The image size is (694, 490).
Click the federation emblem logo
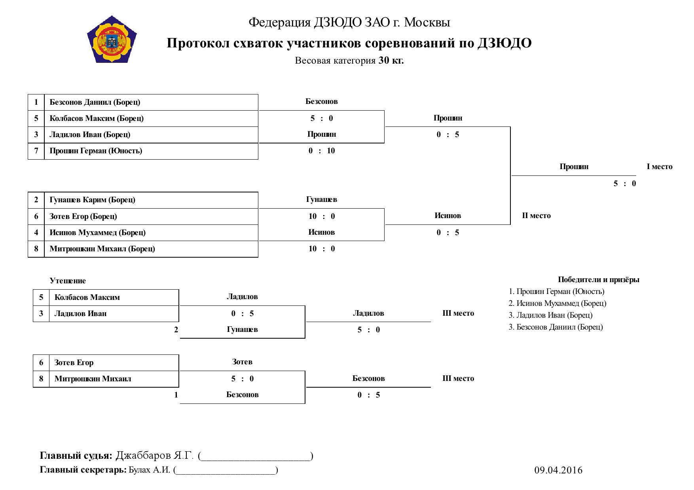tap(112, 39)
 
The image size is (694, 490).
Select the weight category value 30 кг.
tap(391, 60)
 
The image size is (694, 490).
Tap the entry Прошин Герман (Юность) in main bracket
tap(96, 151)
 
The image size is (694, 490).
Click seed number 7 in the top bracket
tap(36, 151)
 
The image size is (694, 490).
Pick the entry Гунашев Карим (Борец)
tap(92, 200)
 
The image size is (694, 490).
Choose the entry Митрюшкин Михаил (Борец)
tap(102, 249)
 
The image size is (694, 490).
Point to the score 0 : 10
tap(322, 151)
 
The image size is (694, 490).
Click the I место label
tap(660, 167)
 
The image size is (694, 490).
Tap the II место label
tap(536, 216)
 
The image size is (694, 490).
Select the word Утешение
tap(68, 281)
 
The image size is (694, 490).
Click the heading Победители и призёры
tap(599, 280)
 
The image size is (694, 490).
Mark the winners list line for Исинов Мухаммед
tap(557, 303)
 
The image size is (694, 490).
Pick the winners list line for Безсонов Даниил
tap(556, 327)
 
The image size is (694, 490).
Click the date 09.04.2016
tap(558, 470)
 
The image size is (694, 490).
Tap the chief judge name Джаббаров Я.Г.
tap(154, 456)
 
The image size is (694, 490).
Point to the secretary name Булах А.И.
tap(150, 470)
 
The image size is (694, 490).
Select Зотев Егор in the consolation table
tap(74, 363)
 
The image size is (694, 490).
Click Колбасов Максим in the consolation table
tap(87, 298)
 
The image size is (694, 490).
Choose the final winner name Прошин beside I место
tap(574, 167)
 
